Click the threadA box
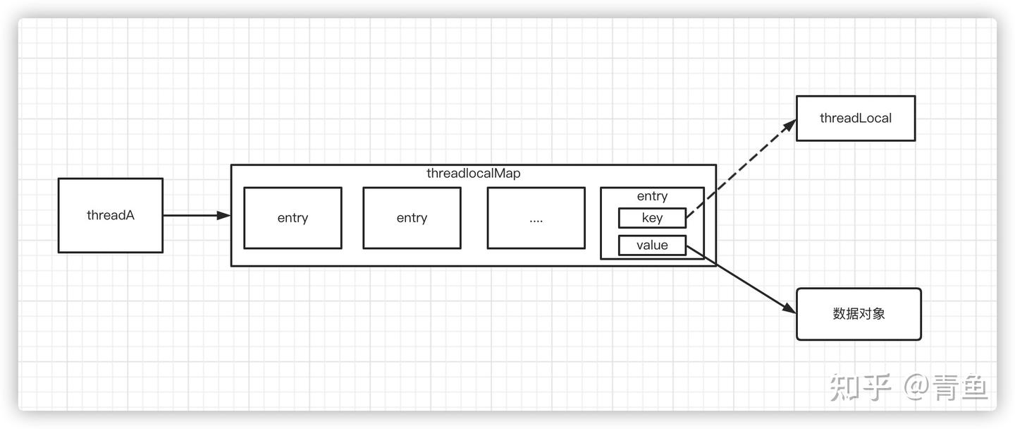tap(110, 233)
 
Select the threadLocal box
tap(855, 131)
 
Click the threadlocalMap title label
tap(474, 174)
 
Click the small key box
tap(652, 218)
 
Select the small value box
tap(652, 246)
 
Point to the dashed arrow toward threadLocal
tap(740, 169)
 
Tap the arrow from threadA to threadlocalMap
tap(194, 215)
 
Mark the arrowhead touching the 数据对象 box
tap(789, 308)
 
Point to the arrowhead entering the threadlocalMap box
tap(225, 215)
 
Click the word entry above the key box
tap(652, 196)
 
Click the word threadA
tap(110, 215)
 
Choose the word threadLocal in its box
tap(855, 118)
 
